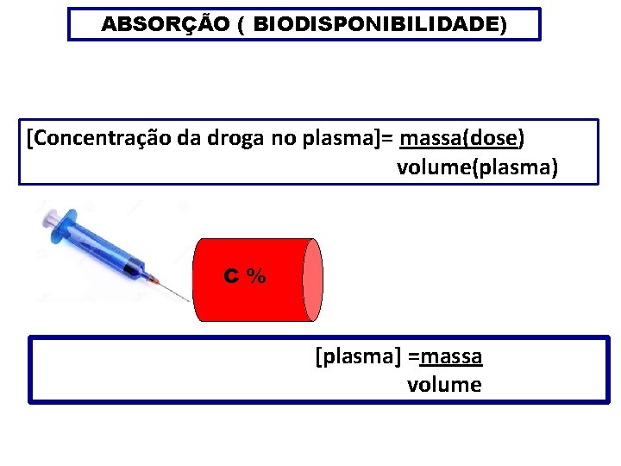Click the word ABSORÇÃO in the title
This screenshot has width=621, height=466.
pyautogui.click(x=162, y=25)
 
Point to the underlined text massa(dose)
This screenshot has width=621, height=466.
pyautogui.click(x=462, y=138)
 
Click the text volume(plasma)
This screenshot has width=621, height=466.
pyautogui.click(x=477, y=167)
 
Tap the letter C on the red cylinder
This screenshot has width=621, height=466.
pyautogui.click(x=231, y=276)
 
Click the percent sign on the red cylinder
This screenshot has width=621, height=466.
pyautogui.click(x=256, y=276)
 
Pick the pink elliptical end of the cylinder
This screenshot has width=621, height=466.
pyautogui.click(x=313, y=280)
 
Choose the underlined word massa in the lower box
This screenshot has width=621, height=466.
pyautogui.click(x=450, y=356)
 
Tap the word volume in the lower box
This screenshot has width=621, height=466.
pyautogui.click(x=444, y=384)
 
